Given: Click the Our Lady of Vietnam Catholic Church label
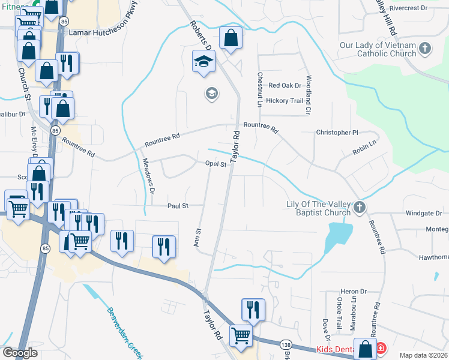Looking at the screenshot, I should tap(378, 49).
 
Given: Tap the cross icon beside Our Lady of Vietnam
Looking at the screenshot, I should tap(425, 48).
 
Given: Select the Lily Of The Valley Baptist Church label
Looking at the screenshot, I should tap(318, 208).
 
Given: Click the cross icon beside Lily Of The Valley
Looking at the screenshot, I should tap(360, 208).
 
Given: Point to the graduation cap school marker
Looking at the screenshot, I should tap(203, 61).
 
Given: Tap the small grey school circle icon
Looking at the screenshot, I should tap(211, 93).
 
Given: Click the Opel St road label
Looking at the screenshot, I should tap(215, 164).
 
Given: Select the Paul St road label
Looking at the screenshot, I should tap(178, 205).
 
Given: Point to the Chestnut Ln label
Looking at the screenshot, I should tap(260, 91).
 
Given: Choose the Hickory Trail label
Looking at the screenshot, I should tap(285, 101).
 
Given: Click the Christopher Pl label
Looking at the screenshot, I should tap(337, 132).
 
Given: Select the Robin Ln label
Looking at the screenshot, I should tap(364, 146).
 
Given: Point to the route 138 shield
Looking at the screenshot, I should tap(286, 344).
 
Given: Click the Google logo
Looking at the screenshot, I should tap(20, 353).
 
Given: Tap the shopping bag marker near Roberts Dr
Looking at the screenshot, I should tap(231, 39).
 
